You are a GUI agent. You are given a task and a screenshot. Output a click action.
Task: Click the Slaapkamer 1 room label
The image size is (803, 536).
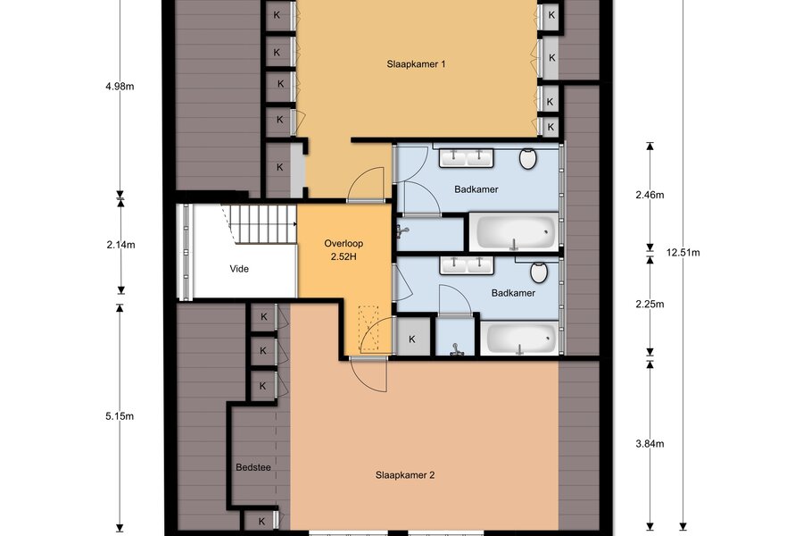(x=416, y=64)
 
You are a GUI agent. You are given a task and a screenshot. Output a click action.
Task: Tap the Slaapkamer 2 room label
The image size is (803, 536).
(x=405, y=475)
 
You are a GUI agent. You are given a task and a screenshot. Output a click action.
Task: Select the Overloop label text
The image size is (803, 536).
(x=344, y=244)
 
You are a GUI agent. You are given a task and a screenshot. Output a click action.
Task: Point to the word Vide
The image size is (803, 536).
(x=239, y=269)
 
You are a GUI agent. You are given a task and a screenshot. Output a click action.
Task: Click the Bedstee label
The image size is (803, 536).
(x=253, y=468)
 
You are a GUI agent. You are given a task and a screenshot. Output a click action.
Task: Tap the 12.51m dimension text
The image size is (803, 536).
(x=683, y=252)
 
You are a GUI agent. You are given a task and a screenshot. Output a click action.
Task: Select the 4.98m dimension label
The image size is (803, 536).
(x=120, y=86)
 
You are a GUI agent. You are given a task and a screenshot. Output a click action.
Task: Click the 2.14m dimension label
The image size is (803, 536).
(x=120, y=245)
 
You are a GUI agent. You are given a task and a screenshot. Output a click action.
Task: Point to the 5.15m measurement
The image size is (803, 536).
(x=120, y=416)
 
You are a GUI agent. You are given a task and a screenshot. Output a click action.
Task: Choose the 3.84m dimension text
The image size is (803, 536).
(x=650, y=444)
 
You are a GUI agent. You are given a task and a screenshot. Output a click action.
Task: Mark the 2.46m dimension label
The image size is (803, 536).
(x=650, y=195)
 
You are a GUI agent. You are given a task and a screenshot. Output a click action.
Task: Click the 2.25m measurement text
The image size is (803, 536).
(x=650, y=304)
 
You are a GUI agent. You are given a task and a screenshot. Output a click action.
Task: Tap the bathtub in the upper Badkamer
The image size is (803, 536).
(x=514, y=232)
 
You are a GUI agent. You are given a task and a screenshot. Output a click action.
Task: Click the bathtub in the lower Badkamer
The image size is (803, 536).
(x=519, y=338)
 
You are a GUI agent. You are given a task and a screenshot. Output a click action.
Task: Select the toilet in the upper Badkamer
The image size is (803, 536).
(x=528, y=158)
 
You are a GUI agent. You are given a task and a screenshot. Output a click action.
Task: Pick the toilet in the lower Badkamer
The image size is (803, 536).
(x=539, y=272)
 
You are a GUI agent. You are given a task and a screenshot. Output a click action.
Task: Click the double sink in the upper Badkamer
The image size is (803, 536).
(x=466, y=158)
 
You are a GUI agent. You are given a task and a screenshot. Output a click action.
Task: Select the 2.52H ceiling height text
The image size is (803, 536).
(x=344, y=256)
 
